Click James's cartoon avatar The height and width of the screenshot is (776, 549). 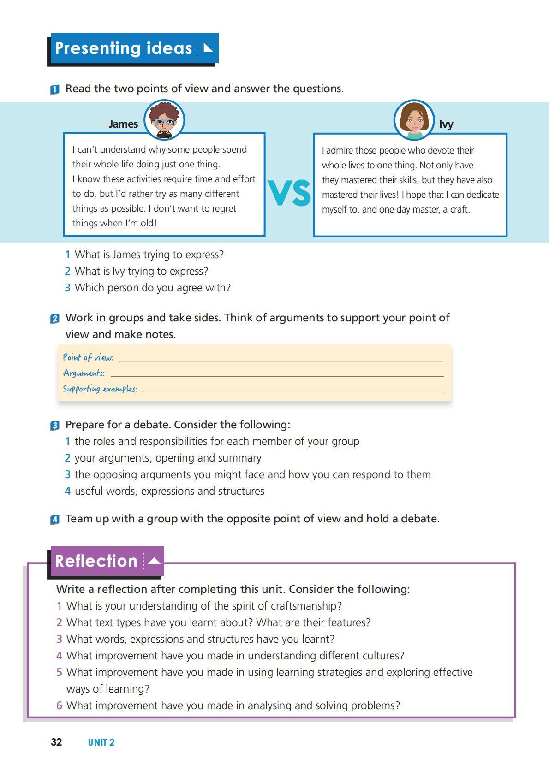[x=164, y=120]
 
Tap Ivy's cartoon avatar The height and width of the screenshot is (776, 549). [x=414, y=120]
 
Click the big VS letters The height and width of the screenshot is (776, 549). [x=289, y=193]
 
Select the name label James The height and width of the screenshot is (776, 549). [x=123, y=124]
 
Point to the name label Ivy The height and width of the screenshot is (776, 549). [x=446, y=124]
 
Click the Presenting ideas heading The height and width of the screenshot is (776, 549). [x=124, y=48]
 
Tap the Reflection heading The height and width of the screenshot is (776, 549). [x=96, y=561]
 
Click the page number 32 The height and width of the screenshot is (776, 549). [x=56, y=742]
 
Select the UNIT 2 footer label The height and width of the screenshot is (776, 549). [x=101, y=742]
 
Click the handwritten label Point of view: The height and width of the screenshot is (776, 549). [x=88, y=357]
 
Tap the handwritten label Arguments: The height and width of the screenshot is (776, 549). [x=84, y=373]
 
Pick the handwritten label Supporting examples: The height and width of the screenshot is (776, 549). [x=100, y=389]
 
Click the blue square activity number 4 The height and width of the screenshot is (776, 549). [x=54, y=520]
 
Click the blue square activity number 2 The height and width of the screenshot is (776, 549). [x=54, y=319]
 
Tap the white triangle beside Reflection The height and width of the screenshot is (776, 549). [x=154, y=561]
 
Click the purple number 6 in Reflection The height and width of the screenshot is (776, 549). [x=59, y=705]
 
